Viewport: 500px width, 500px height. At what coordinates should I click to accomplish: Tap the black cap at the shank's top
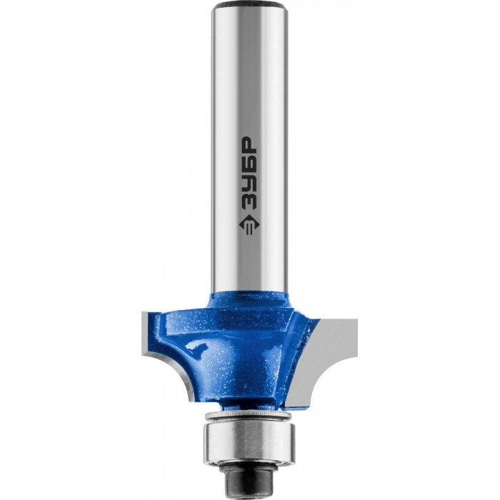(250, 6)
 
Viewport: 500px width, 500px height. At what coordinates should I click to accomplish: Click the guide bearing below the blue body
(250, 439)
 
